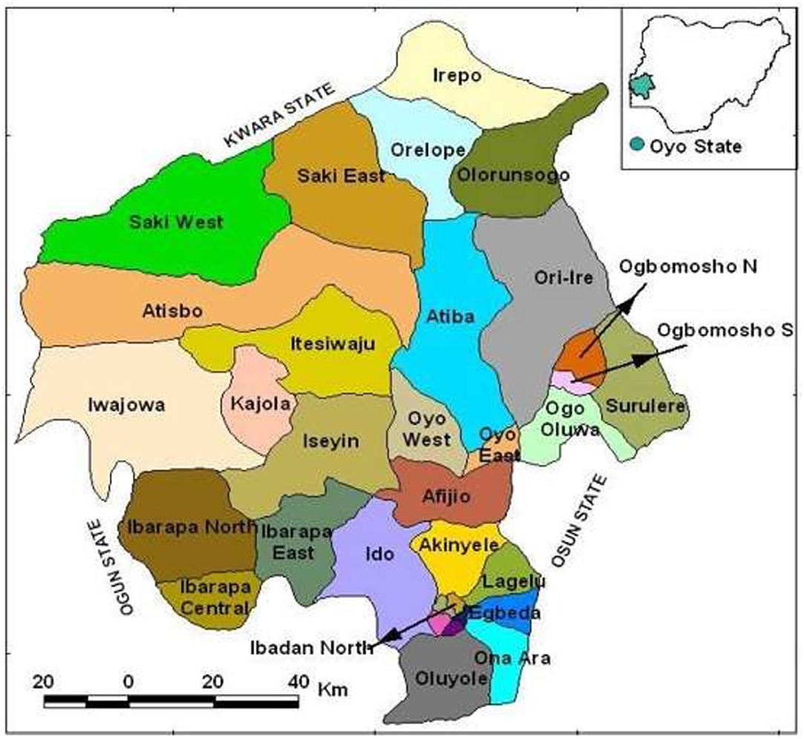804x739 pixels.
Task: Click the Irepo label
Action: point(456,76)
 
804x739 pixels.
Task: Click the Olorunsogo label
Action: point(513,176)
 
